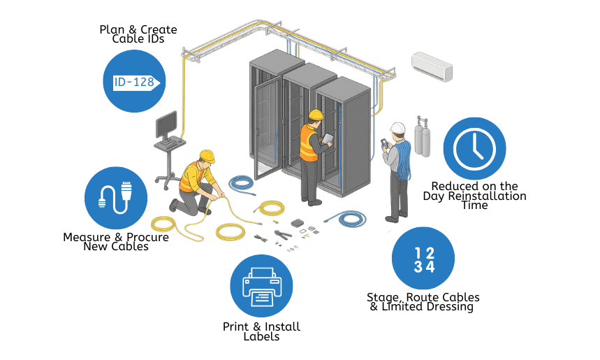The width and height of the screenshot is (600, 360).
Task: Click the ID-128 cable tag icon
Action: (x=134, y=82)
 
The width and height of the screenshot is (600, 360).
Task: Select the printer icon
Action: (x=261, y=285)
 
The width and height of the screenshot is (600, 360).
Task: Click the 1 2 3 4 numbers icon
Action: (x=423, y=259)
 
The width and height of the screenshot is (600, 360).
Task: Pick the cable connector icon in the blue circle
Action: (x=116, y=197)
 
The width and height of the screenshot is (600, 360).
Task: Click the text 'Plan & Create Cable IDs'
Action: (x=138, y=34)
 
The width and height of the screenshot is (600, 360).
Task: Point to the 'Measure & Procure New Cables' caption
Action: (x=116, y=242)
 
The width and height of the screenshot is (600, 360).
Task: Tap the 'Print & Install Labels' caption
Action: (x=261, y=331)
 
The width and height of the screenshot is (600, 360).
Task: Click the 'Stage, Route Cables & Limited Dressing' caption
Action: (x=423, y=302)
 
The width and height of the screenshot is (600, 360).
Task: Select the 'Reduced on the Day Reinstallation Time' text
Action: (x=474, y=196)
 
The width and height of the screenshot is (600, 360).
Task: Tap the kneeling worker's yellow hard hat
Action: (x=207, y=155)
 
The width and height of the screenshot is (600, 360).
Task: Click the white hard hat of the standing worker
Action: (x=397, y=128)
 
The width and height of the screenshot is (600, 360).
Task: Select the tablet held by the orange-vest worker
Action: (x=328, y=137)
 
